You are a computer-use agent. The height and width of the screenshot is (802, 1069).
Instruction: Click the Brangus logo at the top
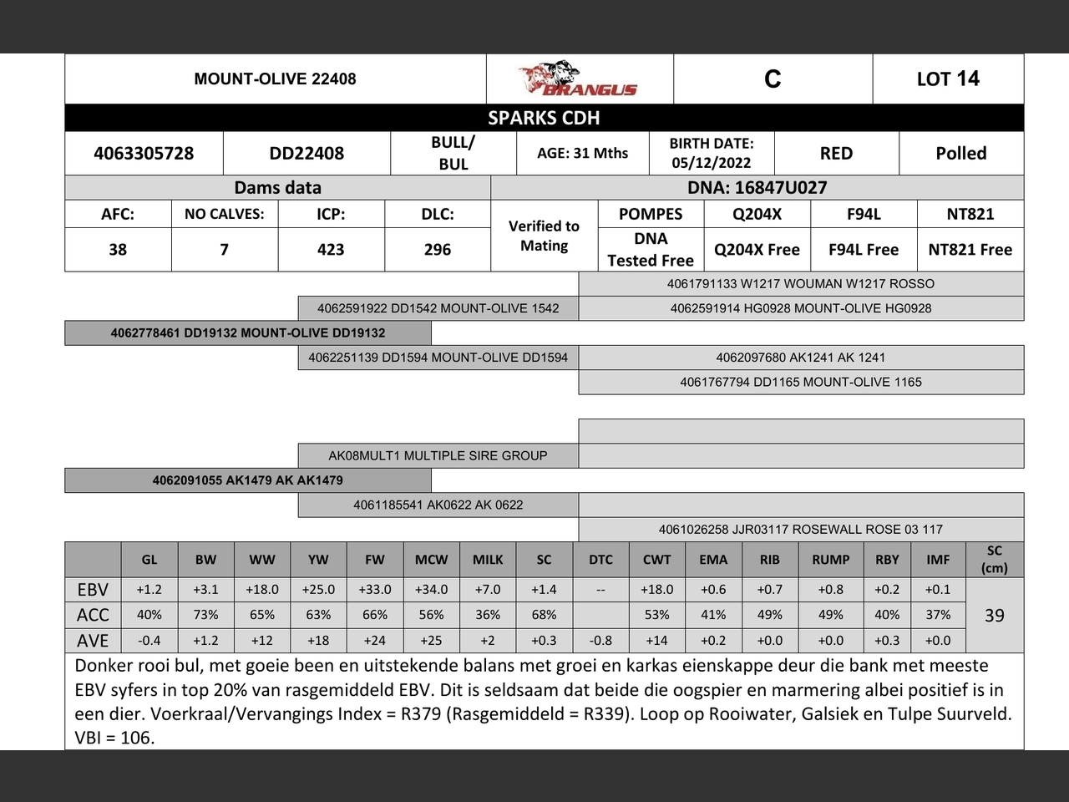click(x=579, y=79)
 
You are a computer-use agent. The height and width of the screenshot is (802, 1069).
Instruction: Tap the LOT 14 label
click(x=948, y=79)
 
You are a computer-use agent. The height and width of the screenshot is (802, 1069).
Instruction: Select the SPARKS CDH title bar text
click(x=544, y=118)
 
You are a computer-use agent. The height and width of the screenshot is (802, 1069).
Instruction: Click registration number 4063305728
click(x=144, y=154)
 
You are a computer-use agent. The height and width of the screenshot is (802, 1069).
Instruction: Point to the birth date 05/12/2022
click(x=712, y=163)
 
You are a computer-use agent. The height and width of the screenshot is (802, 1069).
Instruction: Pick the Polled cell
click(x=960, y=154)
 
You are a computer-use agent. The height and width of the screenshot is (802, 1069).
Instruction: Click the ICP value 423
click(x=331, y=250)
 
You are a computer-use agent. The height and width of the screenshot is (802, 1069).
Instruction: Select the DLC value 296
click(x=438, y=250)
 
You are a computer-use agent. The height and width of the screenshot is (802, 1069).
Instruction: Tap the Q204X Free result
click(x=757, y=250)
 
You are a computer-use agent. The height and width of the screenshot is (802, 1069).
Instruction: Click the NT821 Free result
click(x=970, y=250)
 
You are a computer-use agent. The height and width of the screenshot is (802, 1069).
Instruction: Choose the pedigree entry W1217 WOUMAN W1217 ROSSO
click(x=800, y=284)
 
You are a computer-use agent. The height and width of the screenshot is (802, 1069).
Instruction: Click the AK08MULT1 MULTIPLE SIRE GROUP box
click(x=438, y=456)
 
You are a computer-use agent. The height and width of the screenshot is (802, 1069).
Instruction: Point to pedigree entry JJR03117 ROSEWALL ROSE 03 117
click(x=800, y=530)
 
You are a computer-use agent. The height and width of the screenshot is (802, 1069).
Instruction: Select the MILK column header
click(x=488, y=560)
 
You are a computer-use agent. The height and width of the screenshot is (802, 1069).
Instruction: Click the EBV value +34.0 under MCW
click(x=431, y=590)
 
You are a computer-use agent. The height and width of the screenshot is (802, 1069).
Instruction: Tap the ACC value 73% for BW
click(x=205, y=615)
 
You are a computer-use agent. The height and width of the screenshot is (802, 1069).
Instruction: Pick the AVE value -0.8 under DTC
click(x=600, y=641)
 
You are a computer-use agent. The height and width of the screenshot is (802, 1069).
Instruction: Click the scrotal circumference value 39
click(x=994, y=616)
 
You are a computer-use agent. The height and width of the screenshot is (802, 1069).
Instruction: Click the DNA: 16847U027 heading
click(x=757, y=188)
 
